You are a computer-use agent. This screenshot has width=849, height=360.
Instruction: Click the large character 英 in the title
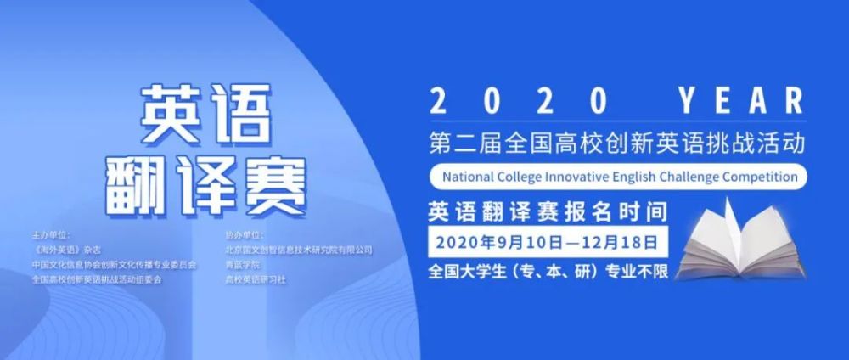tap(169, 113)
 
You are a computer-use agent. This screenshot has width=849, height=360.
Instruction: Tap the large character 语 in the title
tap(239, 113)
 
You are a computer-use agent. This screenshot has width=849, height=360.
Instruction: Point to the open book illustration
tap(741, 241)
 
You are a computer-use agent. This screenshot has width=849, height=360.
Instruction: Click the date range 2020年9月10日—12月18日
tap(547, 242)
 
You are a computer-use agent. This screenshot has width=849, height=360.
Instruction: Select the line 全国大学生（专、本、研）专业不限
tap(548, 271)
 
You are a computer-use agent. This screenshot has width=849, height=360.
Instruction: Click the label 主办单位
tap(51, 235)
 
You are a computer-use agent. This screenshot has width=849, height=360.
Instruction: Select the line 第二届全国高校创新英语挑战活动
tap(617, 144)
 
